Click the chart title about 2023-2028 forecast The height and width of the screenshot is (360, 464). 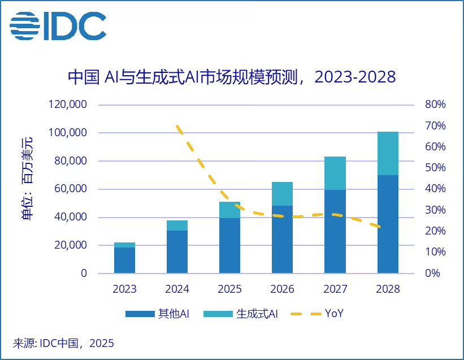231,77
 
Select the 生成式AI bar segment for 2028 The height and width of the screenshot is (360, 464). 388,153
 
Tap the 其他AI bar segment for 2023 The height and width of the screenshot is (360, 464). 124,260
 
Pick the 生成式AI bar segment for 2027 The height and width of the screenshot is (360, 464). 335,173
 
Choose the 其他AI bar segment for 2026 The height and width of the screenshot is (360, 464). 283,239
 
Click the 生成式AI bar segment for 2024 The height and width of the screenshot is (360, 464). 177,225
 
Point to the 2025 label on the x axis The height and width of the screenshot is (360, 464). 229,289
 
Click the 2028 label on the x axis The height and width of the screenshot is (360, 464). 388,289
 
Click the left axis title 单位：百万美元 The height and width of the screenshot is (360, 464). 27,178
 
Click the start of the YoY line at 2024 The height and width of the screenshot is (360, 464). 177,127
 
